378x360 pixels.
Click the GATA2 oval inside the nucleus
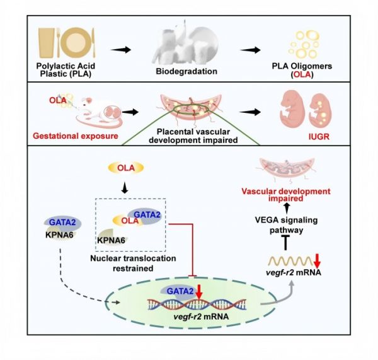[x=166, y=289]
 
